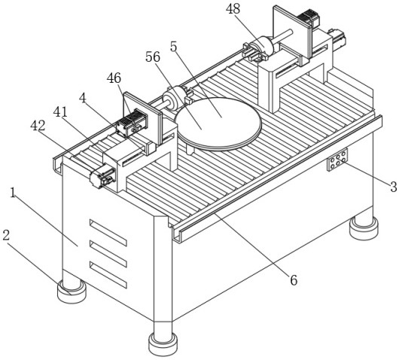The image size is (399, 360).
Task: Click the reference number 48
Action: [x=233, y=9]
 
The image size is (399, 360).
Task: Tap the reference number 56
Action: [x=153, y=57]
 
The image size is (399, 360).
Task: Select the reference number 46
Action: [x=114, y=78]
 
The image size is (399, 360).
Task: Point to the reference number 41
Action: [x=60, y=111]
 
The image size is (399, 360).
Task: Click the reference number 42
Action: [x=38, y=125]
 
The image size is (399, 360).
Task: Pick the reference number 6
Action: [x=294, y=280]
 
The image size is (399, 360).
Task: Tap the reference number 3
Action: [x=394, y=187]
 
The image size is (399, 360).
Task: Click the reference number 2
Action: [x=6, y=236]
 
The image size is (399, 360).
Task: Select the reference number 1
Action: [x=13, y=193]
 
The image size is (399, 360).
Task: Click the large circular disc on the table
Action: [x=218, y=124]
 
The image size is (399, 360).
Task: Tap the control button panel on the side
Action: [x=337, y=160]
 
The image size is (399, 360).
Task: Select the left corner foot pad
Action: [x=72, y=291]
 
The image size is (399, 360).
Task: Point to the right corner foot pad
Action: [x=364, y=228]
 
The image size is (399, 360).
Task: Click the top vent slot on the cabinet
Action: [x=108, y=233]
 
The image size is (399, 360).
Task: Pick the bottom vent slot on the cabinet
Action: [x=108, y=275]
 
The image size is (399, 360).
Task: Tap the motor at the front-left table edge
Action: [x=102, y=175]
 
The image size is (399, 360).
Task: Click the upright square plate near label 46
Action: [x=142, y=119]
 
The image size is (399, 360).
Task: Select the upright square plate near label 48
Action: [x=293, y=32]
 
